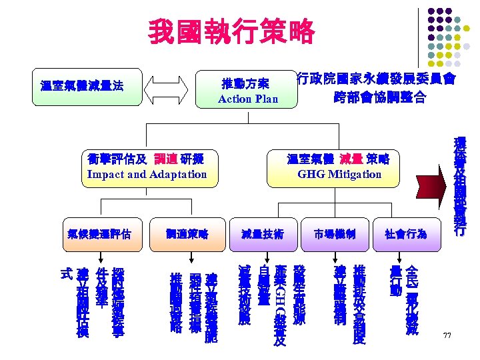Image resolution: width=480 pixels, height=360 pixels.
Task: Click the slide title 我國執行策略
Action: tap(231, 31)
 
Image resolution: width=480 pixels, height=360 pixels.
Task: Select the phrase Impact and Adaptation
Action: tap(147, 174)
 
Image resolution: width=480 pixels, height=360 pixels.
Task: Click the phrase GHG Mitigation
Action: tap(339, 174)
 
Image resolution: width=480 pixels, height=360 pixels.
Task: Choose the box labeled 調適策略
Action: tap(188, 234)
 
